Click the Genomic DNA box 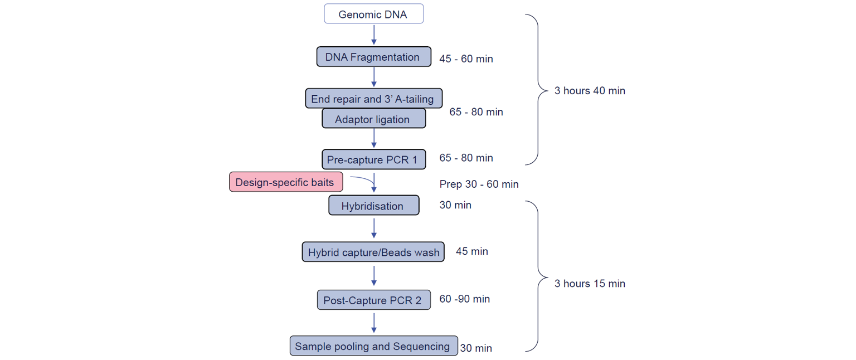(374, 14)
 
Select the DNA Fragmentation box (374, 56)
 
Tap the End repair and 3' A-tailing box (374, 99)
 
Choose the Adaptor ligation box (374, 119)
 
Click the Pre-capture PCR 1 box (374, 159)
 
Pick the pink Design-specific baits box (286, 182)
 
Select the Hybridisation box (374, 205)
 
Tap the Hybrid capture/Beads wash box (373, 252)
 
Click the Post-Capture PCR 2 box (374, 300)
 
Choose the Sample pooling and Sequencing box (374, 346)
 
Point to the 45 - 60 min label (466, 59)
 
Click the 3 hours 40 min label (590, 91)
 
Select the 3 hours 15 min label (590, 284)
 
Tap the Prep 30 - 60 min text (479, 184)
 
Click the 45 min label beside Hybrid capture (472, 251)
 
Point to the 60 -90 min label (465, 299)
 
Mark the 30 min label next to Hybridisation (455, 205)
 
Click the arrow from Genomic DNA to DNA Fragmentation (374, 35)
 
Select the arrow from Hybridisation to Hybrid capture (374, 228)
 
